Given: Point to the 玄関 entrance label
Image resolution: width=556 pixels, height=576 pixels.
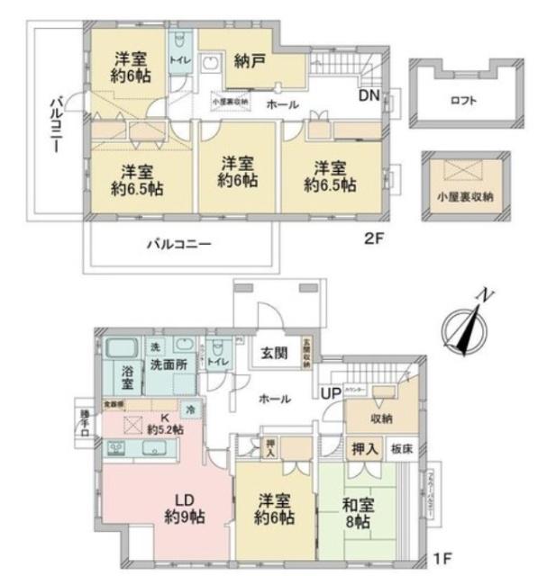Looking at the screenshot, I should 274,351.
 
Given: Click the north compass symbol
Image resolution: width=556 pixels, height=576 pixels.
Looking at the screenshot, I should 469,327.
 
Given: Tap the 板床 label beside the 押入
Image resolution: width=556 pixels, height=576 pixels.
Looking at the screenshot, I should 400,448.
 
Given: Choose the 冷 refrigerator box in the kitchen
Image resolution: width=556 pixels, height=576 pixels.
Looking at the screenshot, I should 190,409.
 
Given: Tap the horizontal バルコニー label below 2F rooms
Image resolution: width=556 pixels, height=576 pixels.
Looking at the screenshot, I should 179,244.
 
